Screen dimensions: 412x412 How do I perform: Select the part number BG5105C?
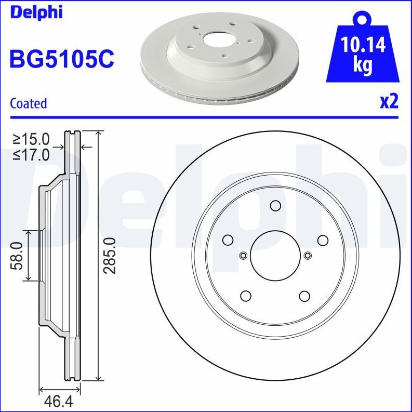click(61, 59)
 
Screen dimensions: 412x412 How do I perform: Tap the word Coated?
click(29, 103)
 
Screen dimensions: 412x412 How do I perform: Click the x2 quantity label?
click(389, 101)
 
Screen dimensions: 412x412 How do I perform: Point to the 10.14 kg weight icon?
click(363, 54)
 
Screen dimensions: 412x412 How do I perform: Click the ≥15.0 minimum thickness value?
click(31, 139)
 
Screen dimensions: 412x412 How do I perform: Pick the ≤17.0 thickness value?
click(31, 154)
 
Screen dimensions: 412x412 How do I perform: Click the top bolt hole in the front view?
click(275, 205)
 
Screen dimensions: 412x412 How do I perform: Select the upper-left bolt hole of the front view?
click(228, 240)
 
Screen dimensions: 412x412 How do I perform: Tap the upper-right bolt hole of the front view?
click(323, 240)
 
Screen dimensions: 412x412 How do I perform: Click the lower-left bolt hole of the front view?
click(246, 296)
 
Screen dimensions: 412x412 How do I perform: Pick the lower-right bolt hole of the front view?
click(304, 296)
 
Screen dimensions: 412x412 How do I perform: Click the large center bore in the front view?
click(275, 255)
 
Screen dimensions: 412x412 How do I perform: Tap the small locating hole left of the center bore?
click(243, 255)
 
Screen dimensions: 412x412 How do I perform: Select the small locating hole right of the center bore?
click(308, 255)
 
